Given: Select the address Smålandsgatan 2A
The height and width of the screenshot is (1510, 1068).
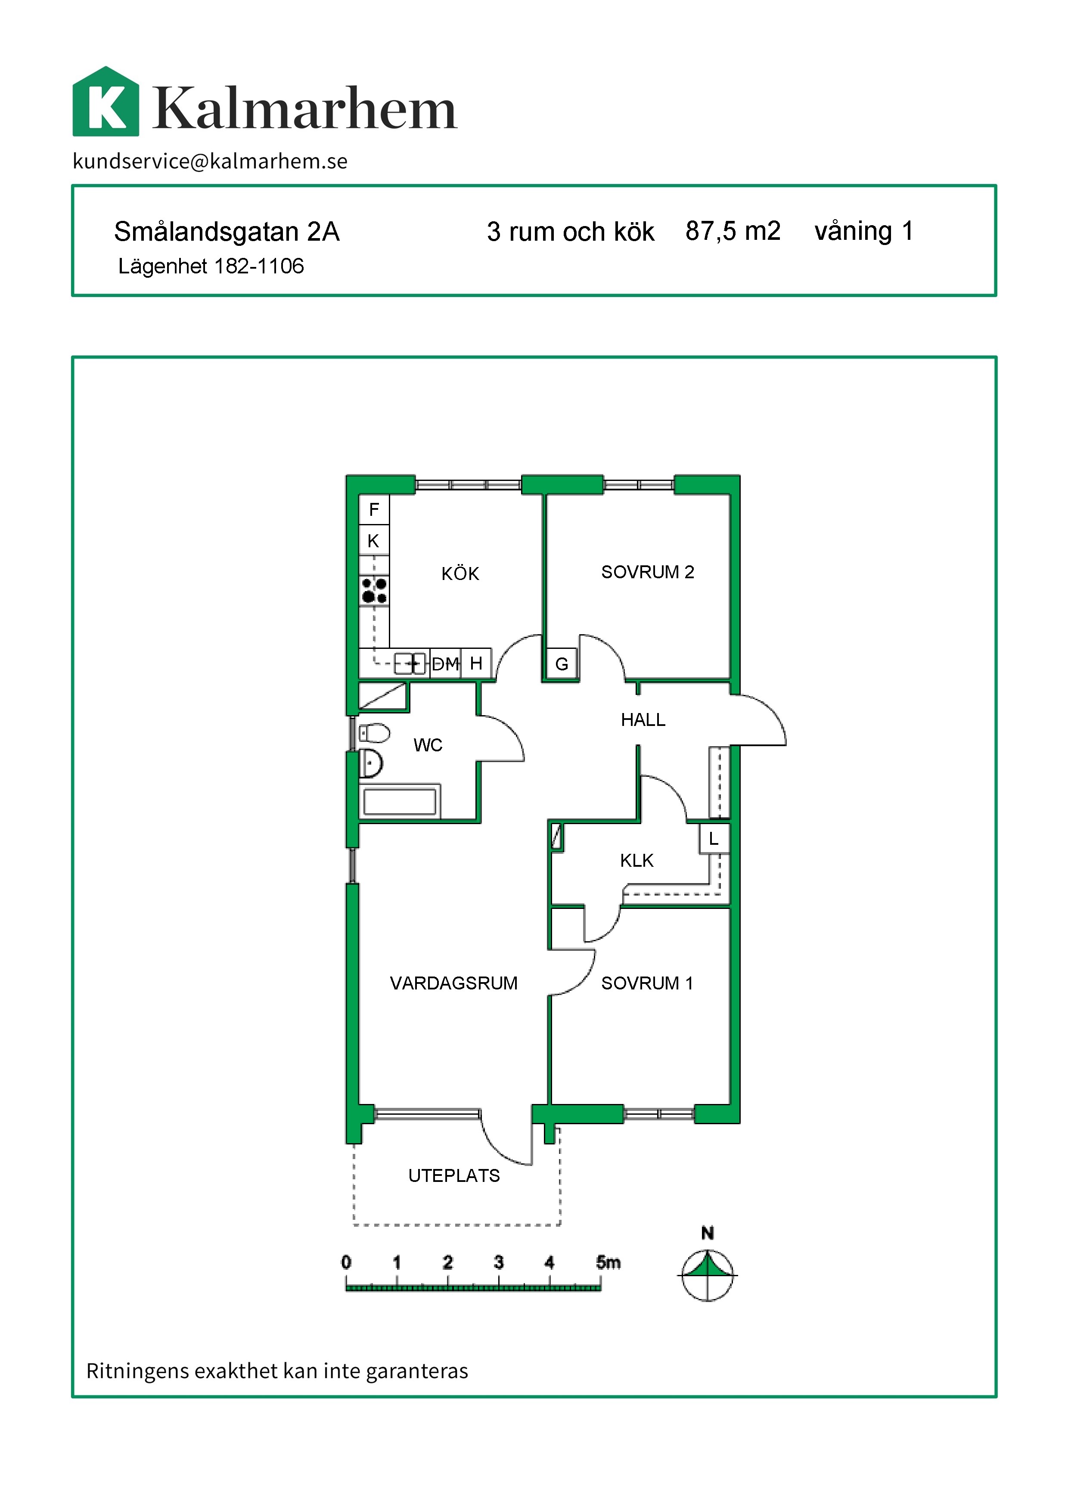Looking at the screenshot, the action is point(227,232).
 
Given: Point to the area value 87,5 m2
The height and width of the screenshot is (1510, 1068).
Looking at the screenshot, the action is point(733,231).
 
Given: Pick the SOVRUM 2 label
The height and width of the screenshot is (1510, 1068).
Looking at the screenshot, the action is point(648,572).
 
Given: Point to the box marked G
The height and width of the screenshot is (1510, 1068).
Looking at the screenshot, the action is point(562,664).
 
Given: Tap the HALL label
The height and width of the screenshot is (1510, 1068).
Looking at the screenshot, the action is point(643,720).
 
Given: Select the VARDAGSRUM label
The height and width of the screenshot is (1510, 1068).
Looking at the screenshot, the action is point(454,983).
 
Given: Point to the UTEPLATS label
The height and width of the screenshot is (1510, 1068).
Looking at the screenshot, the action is point(454,1176).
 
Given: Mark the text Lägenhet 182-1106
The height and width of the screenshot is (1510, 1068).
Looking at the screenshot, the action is point(211,267).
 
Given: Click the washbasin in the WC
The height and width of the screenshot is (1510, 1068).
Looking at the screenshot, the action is point(371,763).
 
